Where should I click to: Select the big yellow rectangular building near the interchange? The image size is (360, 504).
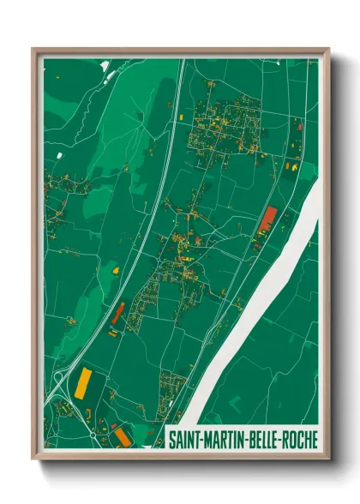84,381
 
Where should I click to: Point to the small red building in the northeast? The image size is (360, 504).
299,128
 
